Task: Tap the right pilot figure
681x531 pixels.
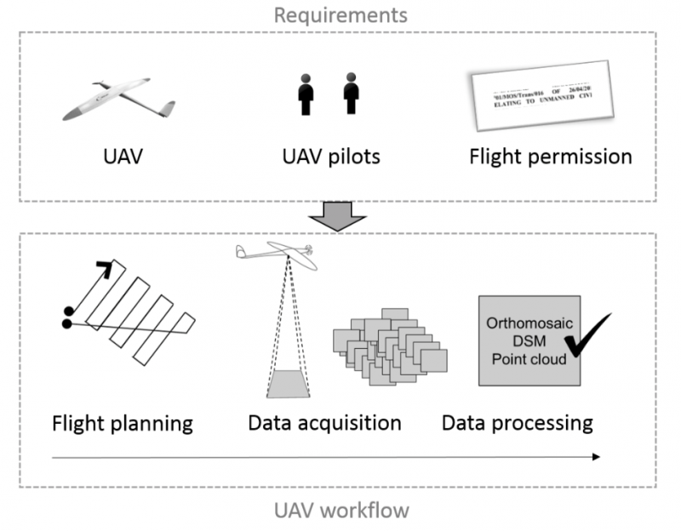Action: point(350,94)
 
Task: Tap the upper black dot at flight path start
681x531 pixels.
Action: point(66,311)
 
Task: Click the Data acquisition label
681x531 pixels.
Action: point(324,422)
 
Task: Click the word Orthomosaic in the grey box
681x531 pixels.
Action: point(528,324)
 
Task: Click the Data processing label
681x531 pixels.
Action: point(517,422)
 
